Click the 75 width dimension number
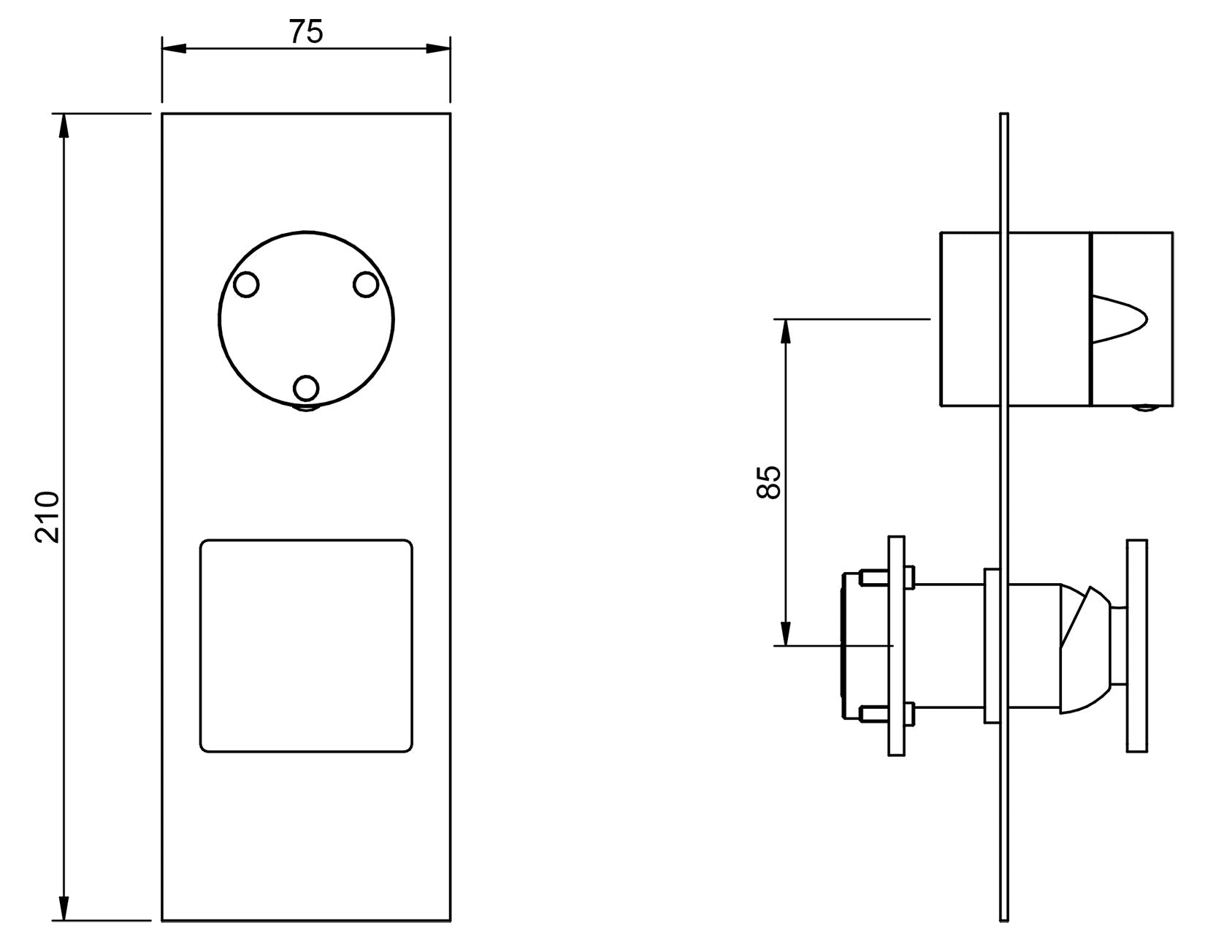[305, 31]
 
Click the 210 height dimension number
[47, 517]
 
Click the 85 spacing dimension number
[768, 483]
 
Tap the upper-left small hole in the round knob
[246, 284]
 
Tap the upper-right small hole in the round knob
[366, 284]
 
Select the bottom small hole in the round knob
[305, 388]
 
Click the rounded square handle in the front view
[306, 646]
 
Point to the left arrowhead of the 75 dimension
[174, 49]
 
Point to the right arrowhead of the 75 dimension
[438, 49]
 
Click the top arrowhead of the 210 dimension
[64, 126]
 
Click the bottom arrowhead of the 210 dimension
[64, 909]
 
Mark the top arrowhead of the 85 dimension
[785, 331]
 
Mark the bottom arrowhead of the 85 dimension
[785, 634]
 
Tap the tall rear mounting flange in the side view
[897, 646]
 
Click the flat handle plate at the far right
[1137, 646]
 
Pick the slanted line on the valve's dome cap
[1076, 617]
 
